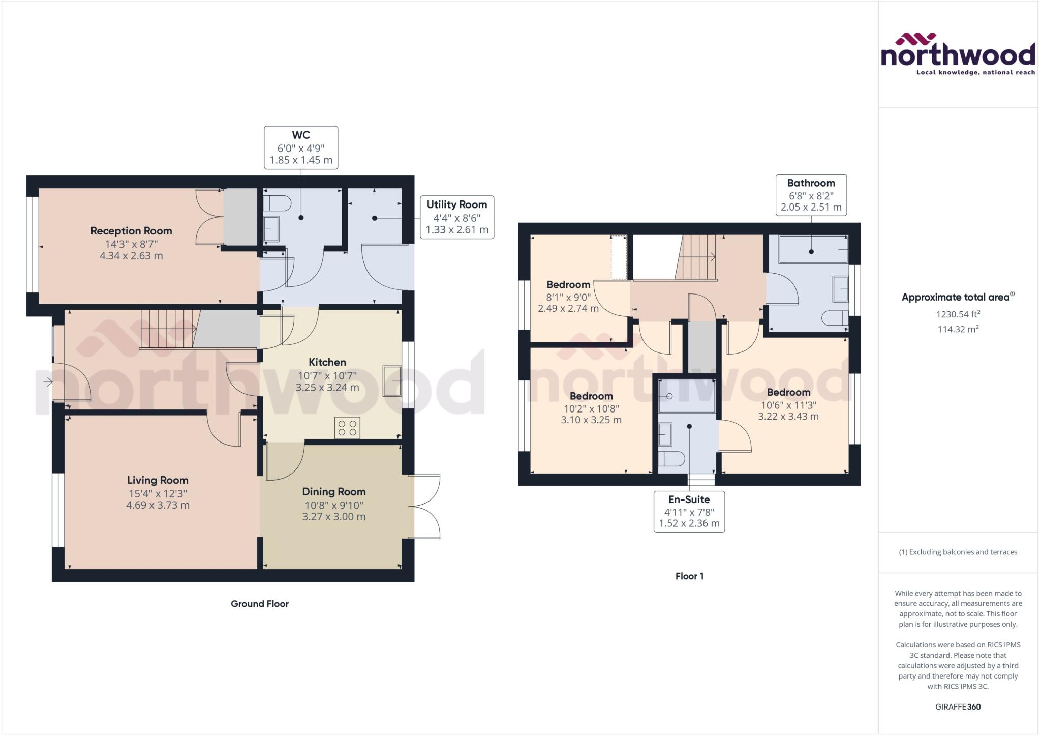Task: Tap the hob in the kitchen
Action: coord(347,427)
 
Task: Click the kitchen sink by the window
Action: coord(392,380)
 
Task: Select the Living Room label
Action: coord(158,480)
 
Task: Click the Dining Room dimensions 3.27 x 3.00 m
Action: coord(333,517)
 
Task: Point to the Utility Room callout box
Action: coord(456,217)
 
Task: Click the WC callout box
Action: coord(301,148)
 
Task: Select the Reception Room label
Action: coord(131,231)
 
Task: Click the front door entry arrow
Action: coord(48,381)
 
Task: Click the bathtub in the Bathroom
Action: coord(812,249)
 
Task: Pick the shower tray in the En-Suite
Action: coord(686,396)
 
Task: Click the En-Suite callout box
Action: coord(689,511)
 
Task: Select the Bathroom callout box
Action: coord(811,195)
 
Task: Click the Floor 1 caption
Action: coord(689,576)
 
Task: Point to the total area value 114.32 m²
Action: coord(958,329)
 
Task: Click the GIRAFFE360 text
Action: coord(958,706)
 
